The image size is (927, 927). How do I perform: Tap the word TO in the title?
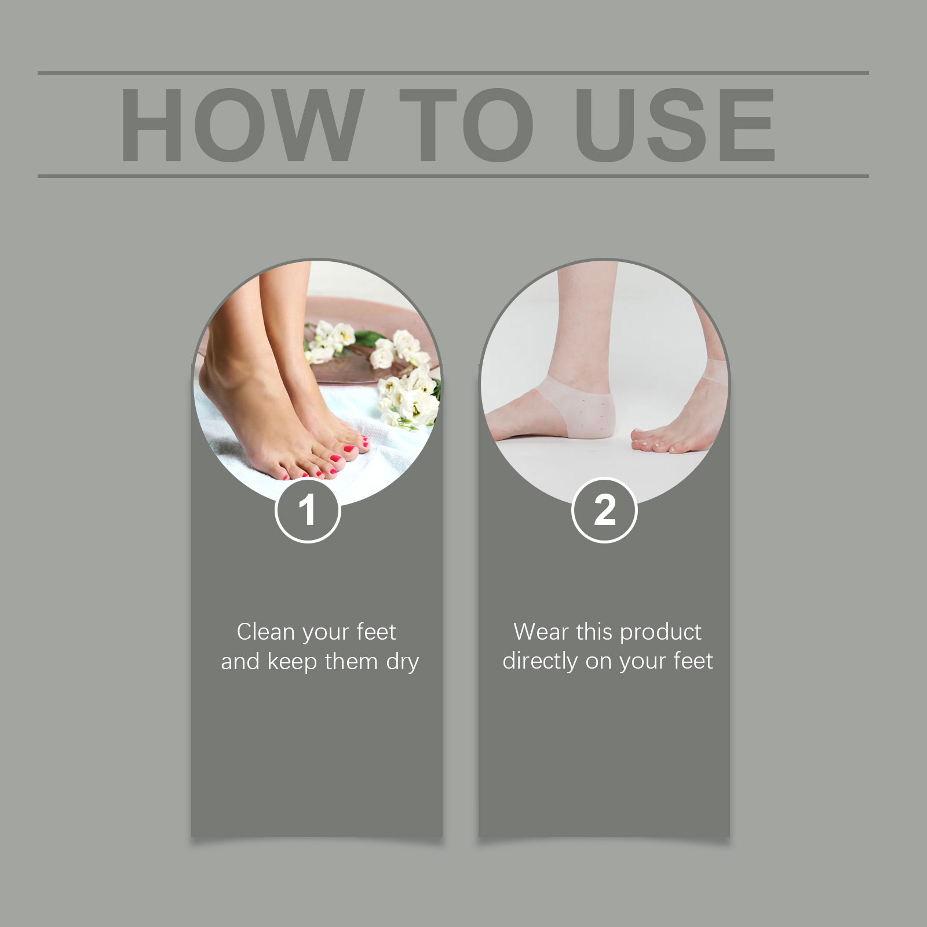click(x=466, y=125)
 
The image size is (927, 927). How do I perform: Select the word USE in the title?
click(x=675, y=125)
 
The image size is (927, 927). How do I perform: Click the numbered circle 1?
click(x=307, y=510)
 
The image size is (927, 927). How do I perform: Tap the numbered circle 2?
click(x=604, y=510)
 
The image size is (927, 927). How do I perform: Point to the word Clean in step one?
click(x=265, y=632)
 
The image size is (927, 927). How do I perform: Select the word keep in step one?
click(x=293, y=662)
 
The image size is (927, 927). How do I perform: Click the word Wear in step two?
click(x=541, y=632)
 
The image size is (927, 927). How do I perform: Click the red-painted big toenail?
click(x=349, y=449)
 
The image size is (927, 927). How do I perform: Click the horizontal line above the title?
click(x=453, y=73)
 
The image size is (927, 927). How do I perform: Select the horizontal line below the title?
click(x=453, y=176)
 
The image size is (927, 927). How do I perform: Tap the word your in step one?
click(x=325, y=633)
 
